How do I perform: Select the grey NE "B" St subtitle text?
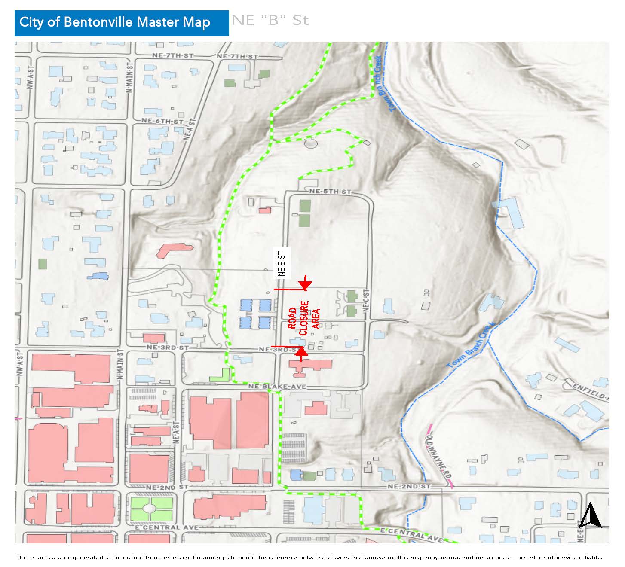(270, 21)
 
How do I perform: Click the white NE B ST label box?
(282, 262)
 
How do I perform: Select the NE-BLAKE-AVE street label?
(277, 387)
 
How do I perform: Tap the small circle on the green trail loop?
(310, 143)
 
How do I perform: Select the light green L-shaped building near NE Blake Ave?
(221, 375)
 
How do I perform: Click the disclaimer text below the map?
(309, 558)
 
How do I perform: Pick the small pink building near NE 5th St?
(265, 210)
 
